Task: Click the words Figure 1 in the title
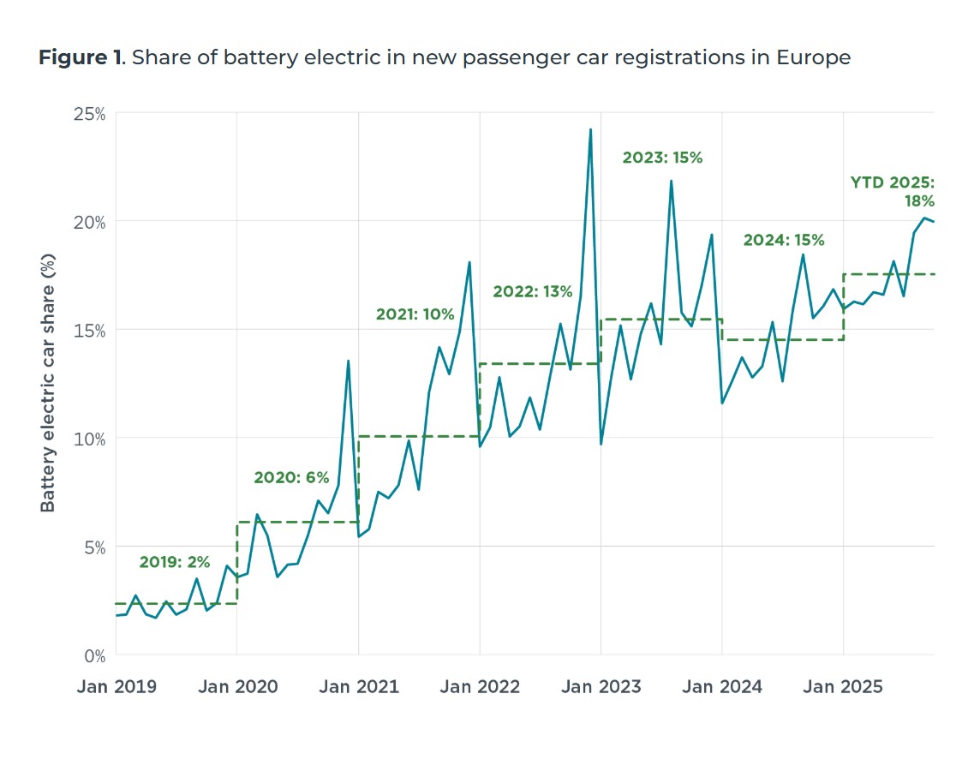(x=79, y=58)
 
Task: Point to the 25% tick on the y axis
(x=87, y=113)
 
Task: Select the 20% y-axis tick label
(x=87, y=221)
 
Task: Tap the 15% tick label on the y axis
(x=88, y=330)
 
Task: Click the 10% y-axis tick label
(x=88, y=439)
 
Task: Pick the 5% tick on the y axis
(x=93, y=547)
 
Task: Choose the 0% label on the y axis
(x=93, y=655)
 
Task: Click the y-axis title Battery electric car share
(x=49, y=383)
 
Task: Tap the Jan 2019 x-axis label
(x=116, y=687)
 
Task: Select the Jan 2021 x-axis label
(x=358, y=687)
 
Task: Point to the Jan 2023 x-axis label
(x=601, y=687)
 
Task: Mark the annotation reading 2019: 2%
(x=175, y=562)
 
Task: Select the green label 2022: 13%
(x=532, y=292)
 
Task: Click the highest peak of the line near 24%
(x=590, y=130)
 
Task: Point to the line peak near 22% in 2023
(x=671, y=181)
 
